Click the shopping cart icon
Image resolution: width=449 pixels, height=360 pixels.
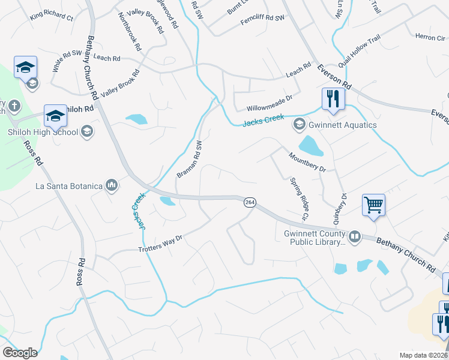373,205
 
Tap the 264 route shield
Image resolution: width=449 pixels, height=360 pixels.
250,203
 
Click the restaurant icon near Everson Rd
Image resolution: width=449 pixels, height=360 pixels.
334,98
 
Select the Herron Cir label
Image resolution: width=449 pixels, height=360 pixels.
430,37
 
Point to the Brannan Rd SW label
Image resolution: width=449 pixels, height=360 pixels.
190,160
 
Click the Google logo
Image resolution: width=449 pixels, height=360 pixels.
19,353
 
